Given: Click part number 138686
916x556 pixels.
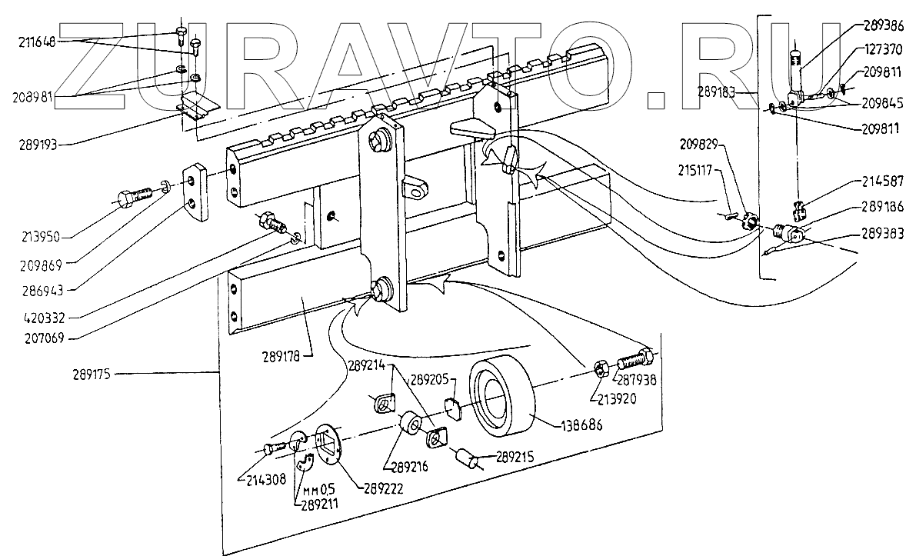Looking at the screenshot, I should click(x=565, y=423).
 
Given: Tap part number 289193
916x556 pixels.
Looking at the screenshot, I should click(x=38, y=143).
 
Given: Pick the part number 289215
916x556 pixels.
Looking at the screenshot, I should click(x=521, y=455).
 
